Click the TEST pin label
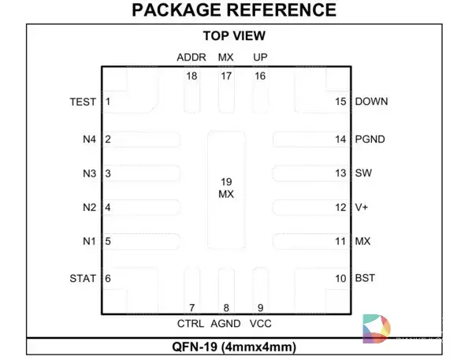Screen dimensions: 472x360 click(x=83, y=102)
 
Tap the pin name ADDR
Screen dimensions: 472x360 click(x=191, y=58)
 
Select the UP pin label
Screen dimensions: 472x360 click(x=260, y=58)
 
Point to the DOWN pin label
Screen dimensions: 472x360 click(x=371, y=102)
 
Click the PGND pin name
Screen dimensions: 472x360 click(x=370, y=139)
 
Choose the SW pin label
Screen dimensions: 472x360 click(x=363, y=173)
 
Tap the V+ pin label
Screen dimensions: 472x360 click(x=362, y=207)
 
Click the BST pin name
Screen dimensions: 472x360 click(x=365, y=278)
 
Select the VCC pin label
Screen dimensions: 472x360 click(x=261, y=324)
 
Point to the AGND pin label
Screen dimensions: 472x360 click(x=226, y=324)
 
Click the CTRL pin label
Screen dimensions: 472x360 click(x=191, y=324)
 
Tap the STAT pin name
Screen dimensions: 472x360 click(x=83, y=278)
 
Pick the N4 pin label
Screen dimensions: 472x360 click(x=89, y=139)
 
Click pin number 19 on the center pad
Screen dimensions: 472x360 click(x=226, y=182)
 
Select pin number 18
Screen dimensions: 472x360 click(x=191, y=76)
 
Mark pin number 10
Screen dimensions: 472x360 click(x=340, y=278)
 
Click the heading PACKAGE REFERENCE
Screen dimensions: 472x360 click(x=234, y=10)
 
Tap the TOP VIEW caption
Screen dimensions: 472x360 click(x=234, y=35)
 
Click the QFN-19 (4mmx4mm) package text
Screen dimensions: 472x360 click(x=234, y=347)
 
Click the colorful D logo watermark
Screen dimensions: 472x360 click(x=377, y=328)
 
